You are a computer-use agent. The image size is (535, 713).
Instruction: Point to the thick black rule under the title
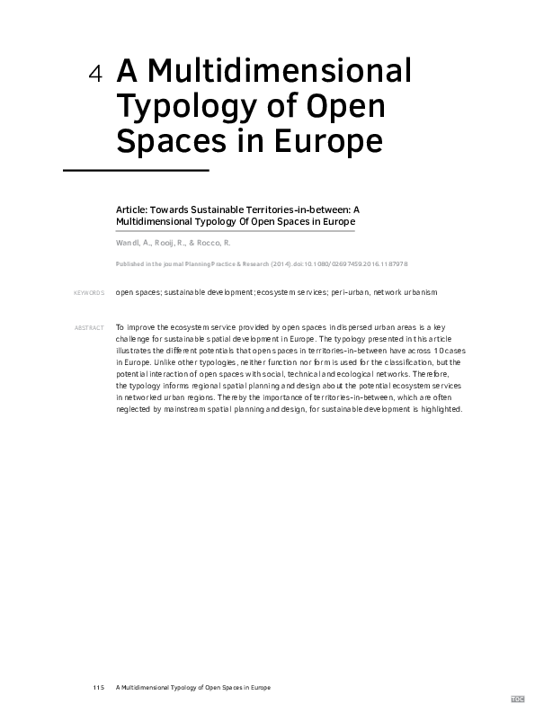[x=135, y=169]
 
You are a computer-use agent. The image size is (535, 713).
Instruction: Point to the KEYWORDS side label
[x=89, y=293]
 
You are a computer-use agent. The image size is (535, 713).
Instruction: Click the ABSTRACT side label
[x=89, y=327]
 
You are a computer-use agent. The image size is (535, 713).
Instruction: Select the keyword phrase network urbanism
[x=406, y=293]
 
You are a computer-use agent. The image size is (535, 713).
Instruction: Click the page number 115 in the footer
[x=98, y=688]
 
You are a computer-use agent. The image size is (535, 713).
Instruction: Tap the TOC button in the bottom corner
[x=518, y=699]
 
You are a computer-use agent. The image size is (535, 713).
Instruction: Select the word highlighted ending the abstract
[x=437, y=409]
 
